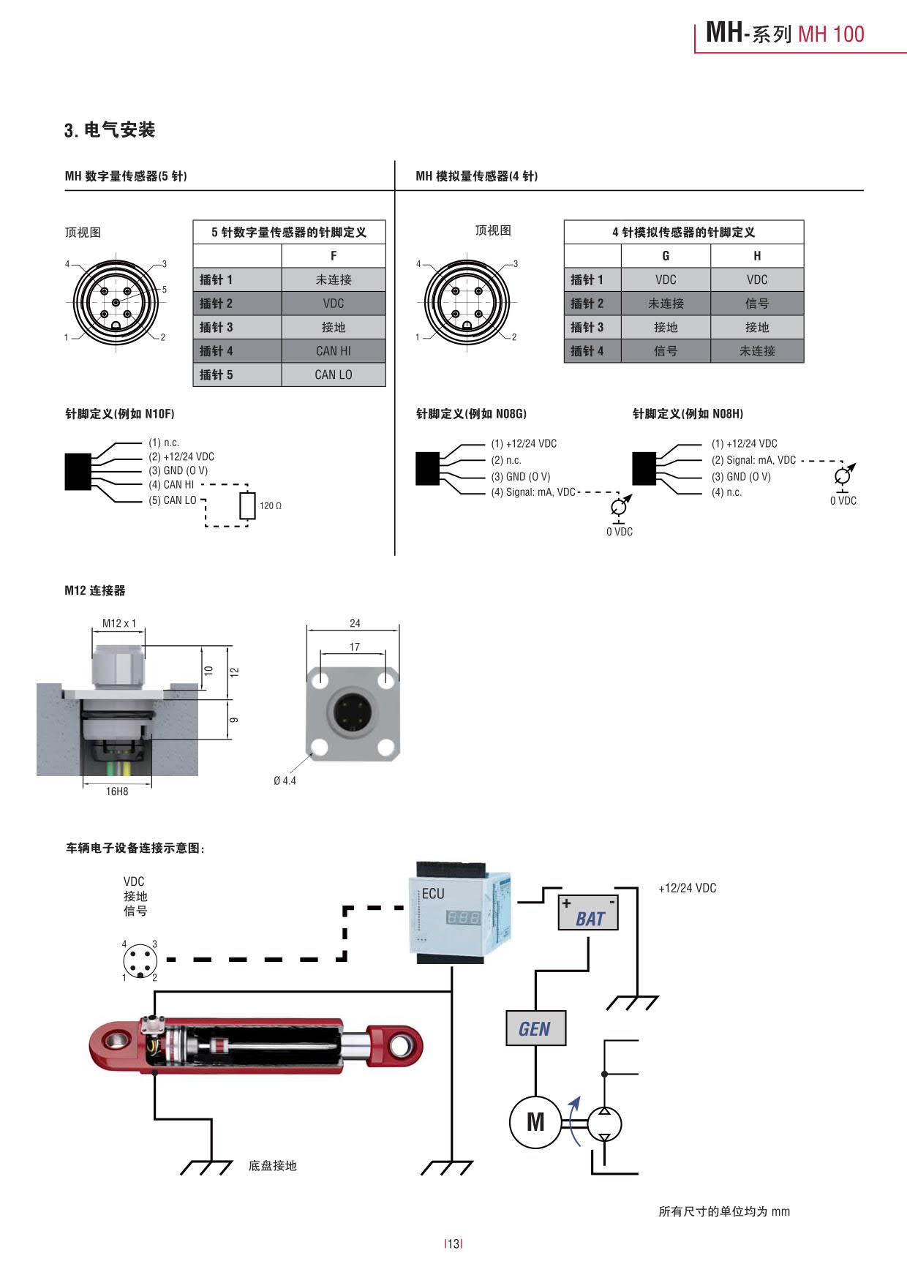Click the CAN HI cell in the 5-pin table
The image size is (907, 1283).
pos(333,351)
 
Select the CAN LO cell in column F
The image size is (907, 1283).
pos(333,375)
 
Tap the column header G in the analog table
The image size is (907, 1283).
pos(666,256)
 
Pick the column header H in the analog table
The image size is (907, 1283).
pos(757,256)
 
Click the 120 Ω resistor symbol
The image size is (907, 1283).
pos(247,505)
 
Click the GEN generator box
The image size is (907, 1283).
pos(535,1028)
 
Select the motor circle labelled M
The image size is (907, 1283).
pos(535,1122)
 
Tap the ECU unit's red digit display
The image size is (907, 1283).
pos(464,917)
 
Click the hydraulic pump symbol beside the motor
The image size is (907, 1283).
pos(604,1124)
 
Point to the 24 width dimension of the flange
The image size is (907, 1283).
pos(355,623)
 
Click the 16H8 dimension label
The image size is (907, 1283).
pos(117,791)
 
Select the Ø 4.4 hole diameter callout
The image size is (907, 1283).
pos(285,780)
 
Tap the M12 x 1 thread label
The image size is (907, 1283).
pos(119,623)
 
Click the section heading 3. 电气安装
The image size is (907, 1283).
pos(110,130)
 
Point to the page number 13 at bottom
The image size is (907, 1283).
pos(453,1244)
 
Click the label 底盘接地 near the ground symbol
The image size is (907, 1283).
pos(272,1165)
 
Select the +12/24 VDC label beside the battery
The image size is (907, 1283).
pos(687,888)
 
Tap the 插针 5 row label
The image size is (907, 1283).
pos(217,375)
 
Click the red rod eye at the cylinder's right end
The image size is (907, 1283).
pos(401,1046)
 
